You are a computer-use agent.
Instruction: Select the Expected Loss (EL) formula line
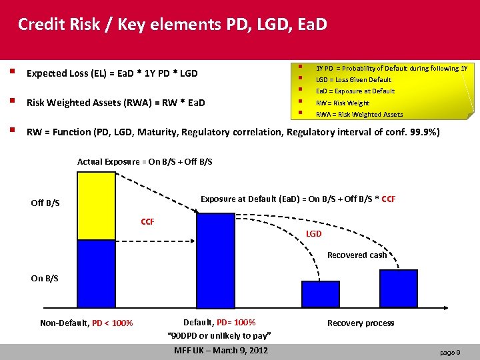112,73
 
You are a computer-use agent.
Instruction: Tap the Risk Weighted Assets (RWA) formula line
115,103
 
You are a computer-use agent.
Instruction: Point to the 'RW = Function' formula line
233,132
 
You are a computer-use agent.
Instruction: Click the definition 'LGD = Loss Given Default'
353,80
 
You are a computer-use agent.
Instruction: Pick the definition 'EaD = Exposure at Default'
355,91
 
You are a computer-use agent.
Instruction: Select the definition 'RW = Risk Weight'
342,103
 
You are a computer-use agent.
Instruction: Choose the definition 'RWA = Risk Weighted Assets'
359,115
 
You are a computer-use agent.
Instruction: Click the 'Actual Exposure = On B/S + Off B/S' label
145,162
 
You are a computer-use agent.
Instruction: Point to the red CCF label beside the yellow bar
147,221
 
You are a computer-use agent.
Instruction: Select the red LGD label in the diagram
313,234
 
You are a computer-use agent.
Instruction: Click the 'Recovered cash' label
357,255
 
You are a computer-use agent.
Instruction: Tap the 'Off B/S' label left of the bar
45,203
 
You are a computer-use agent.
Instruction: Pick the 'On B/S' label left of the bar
45,278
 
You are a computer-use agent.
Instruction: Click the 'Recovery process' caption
360,323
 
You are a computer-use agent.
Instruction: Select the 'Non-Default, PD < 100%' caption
86,323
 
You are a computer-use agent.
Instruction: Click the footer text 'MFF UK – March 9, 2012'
221,351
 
